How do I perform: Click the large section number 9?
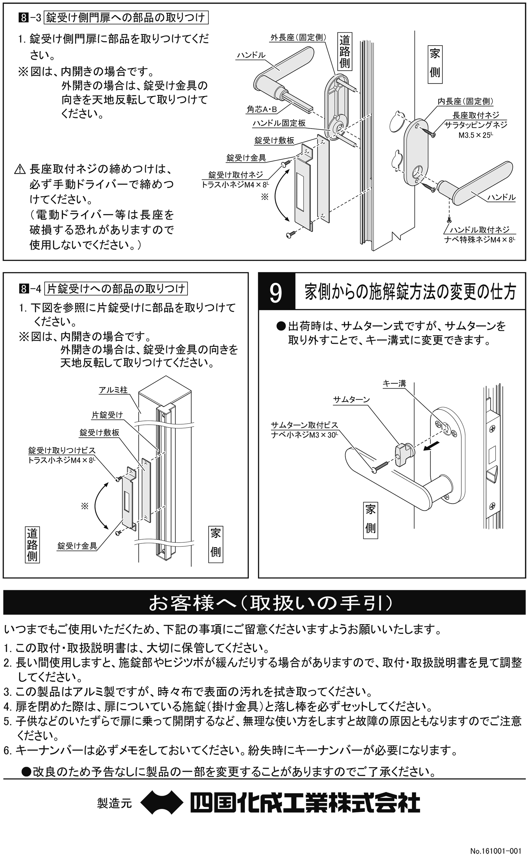tap(276, 293)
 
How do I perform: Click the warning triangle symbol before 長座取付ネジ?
tap(20, 170)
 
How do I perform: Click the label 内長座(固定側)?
tap(465, 101)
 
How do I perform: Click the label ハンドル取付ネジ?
tap(479, 230)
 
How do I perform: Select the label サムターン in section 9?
tap(351, 399)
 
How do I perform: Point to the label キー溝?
tap(394, 384)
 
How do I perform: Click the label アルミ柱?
tap(113, 390)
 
